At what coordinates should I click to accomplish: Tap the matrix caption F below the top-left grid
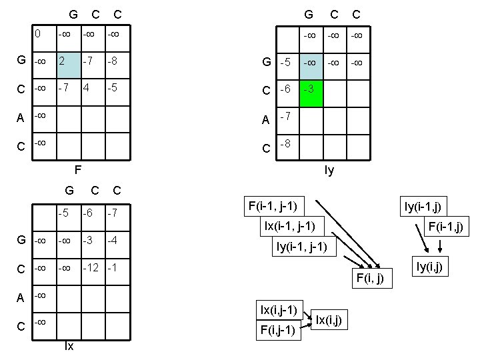point(77,170)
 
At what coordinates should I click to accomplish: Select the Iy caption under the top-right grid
point(329,171)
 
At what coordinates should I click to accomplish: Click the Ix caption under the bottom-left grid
point(68,346)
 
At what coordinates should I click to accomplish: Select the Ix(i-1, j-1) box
point(294,225)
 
